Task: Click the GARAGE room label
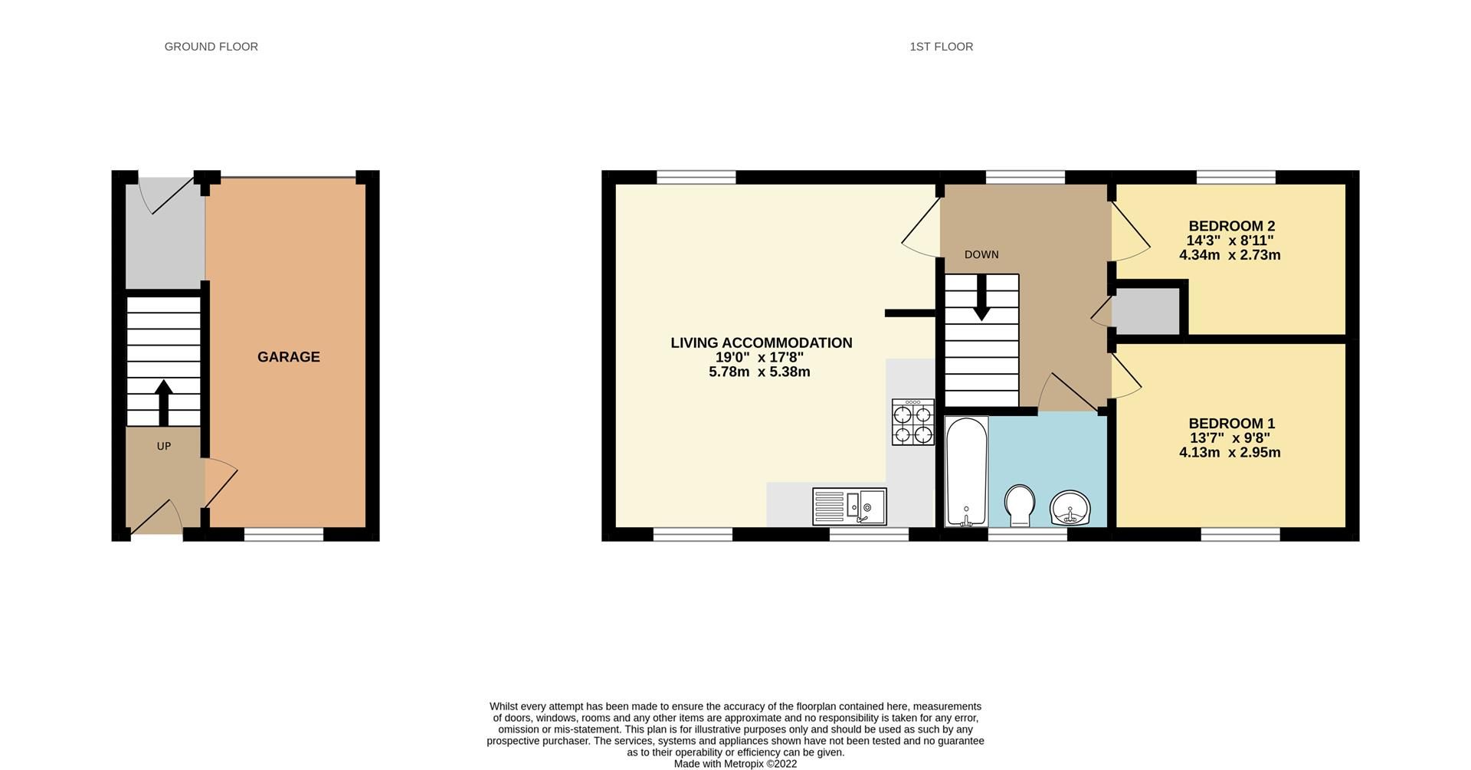click(288, 357)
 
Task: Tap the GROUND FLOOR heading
click(211, 47)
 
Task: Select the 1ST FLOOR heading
click(941, 47)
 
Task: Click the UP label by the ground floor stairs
click(163, 446)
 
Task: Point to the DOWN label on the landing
click(981, 254)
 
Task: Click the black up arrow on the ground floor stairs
click(163, 402)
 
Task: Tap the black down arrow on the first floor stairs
click(981, 299)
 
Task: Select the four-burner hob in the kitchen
click(912, 422)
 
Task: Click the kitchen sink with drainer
click(849, 506)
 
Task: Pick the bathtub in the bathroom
click(965, 471)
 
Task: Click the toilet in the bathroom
click(1020, 505)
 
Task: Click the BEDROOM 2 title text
click(1231, 226)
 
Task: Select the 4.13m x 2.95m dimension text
click(1230, 453)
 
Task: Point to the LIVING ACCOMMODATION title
click(761, 343)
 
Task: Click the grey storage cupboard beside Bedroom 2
click(1145, 311)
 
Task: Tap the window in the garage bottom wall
click(283, 534)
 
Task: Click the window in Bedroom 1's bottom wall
click(1240, 534)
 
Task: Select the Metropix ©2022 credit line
click(735, 764)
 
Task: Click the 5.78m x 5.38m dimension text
click(759, 372)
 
